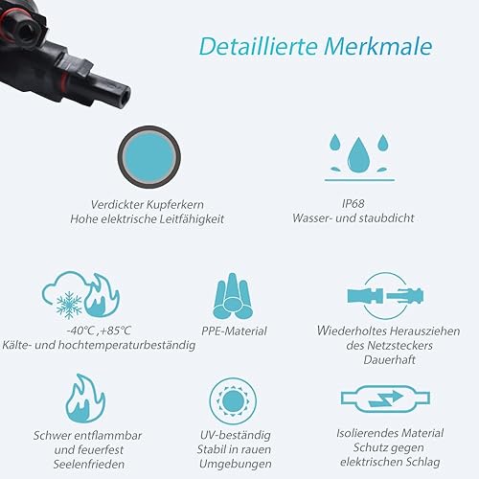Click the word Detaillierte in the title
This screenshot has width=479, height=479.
tap(259, 46)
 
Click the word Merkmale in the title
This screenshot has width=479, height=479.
tap(378, 46)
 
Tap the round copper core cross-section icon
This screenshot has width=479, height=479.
tap(148, 157)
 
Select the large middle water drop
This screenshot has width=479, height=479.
tap(358, 155)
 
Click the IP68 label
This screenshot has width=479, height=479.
tap(353, 203)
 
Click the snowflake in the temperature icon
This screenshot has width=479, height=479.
tap(69, 305)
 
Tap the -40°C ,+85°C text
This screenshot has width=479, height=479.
tap(99, 331)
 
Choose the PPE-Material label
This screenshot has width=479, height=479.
tap(234, 331)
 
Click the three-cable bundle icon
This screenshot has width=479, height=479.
tap(233, 296)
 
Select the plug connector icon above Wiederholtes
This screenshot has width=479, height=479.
tap(385, 296)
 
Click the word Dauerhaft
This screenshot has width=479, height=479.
tap(390, 360)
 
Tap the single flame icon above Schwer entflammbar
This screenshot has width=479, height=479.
tap(85, 399)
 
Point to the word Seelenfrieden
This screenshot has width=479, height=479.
tap(89, 465)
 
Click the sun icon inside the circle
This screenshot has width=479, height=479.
tap(233, 401)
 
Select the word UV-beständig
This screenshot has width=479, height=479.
tap(236, 435)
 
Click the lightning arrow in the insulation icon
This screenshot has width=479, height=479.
tap(386, 399)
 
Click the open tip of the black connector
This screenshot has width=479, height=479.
tap(125, 95)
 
